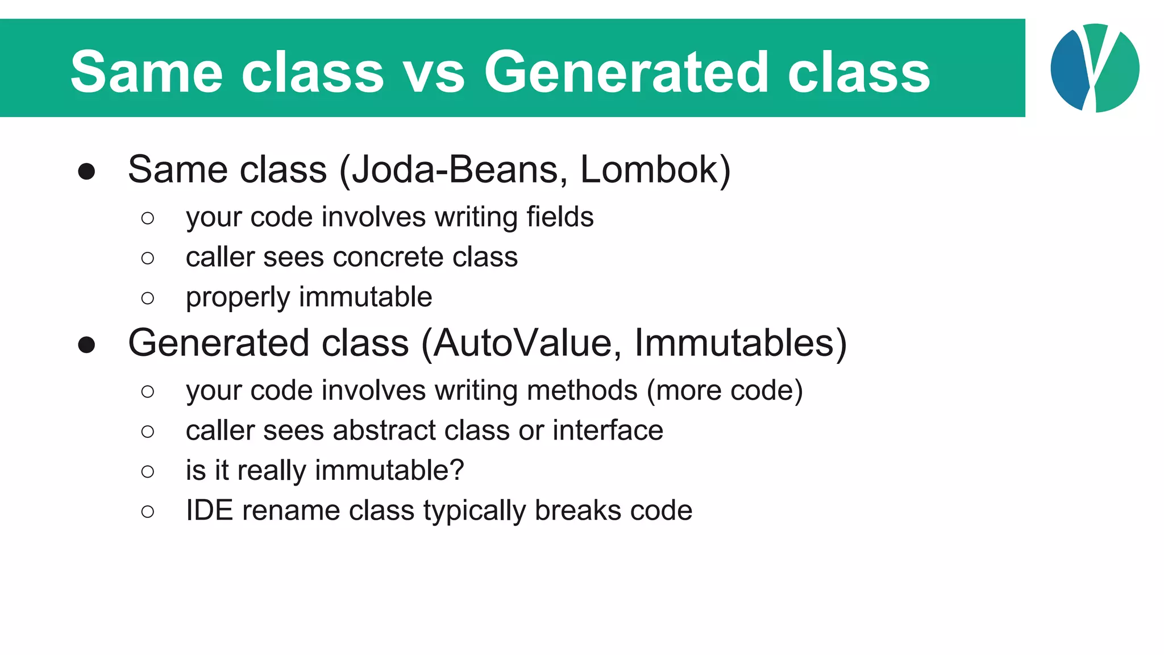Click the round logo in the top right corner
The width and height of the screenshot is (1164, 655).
pyautogui.click(x=1095, y=68)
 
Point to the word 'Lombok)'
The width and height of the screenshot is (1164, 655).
pyautogui.click(x=655, y=169)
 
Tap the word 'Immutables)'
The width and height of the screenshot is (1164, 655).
pyautogui.click(x=740, y=343)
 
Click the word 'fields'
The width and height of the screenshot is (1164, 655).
pyautogui.click(x=560, y=217)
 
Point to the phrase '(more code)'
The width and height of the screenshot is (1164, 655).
pyautogui.click(x=725, y=391)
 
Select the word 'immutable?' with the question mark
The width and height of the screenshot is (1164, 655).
pyautogui.click(x=389, y=471)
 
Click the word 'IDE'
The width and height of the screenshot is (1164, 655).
pyautogui.click(x=209, y=511)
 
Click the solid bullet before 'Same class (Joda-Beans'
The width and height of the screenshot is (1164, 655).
pyautogui.click(x=86, y=172)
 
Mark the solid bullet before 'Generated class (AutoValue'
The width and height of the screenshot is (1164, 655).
pyautogui.click(x=86, y=345)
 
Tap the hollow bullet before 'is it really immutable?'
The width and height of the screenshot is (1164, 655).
pyautogui.click(x=148, y=471)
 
